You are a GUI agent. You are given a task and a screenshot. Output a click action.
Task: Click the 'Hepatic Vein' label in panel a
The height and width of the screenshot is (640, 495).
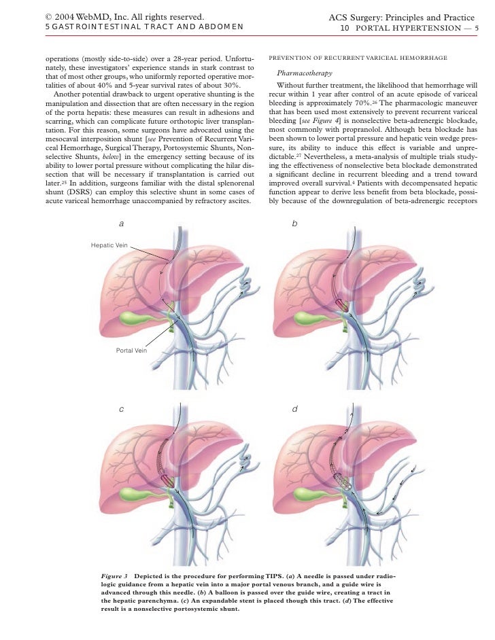point(109,245)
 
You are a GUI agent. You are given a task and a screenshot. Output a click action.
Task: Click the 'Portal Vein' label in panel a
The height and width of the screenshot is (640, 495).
point(131,351)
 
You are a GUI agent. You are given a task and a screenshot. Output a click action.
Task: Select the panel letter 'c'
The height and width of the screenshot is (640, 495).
point(121,409)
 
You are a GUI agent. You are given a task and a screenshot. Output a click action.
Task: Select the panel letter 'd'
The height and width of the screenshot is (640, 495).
point(294,409)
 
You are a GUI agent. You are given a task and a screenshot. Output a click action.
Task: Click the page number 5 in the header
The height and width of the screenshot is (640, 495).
point(477,28)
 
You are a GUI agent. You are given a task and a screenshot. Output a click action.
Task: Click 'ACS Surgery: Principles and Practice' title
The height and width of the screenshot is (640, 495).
point(401,16)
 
